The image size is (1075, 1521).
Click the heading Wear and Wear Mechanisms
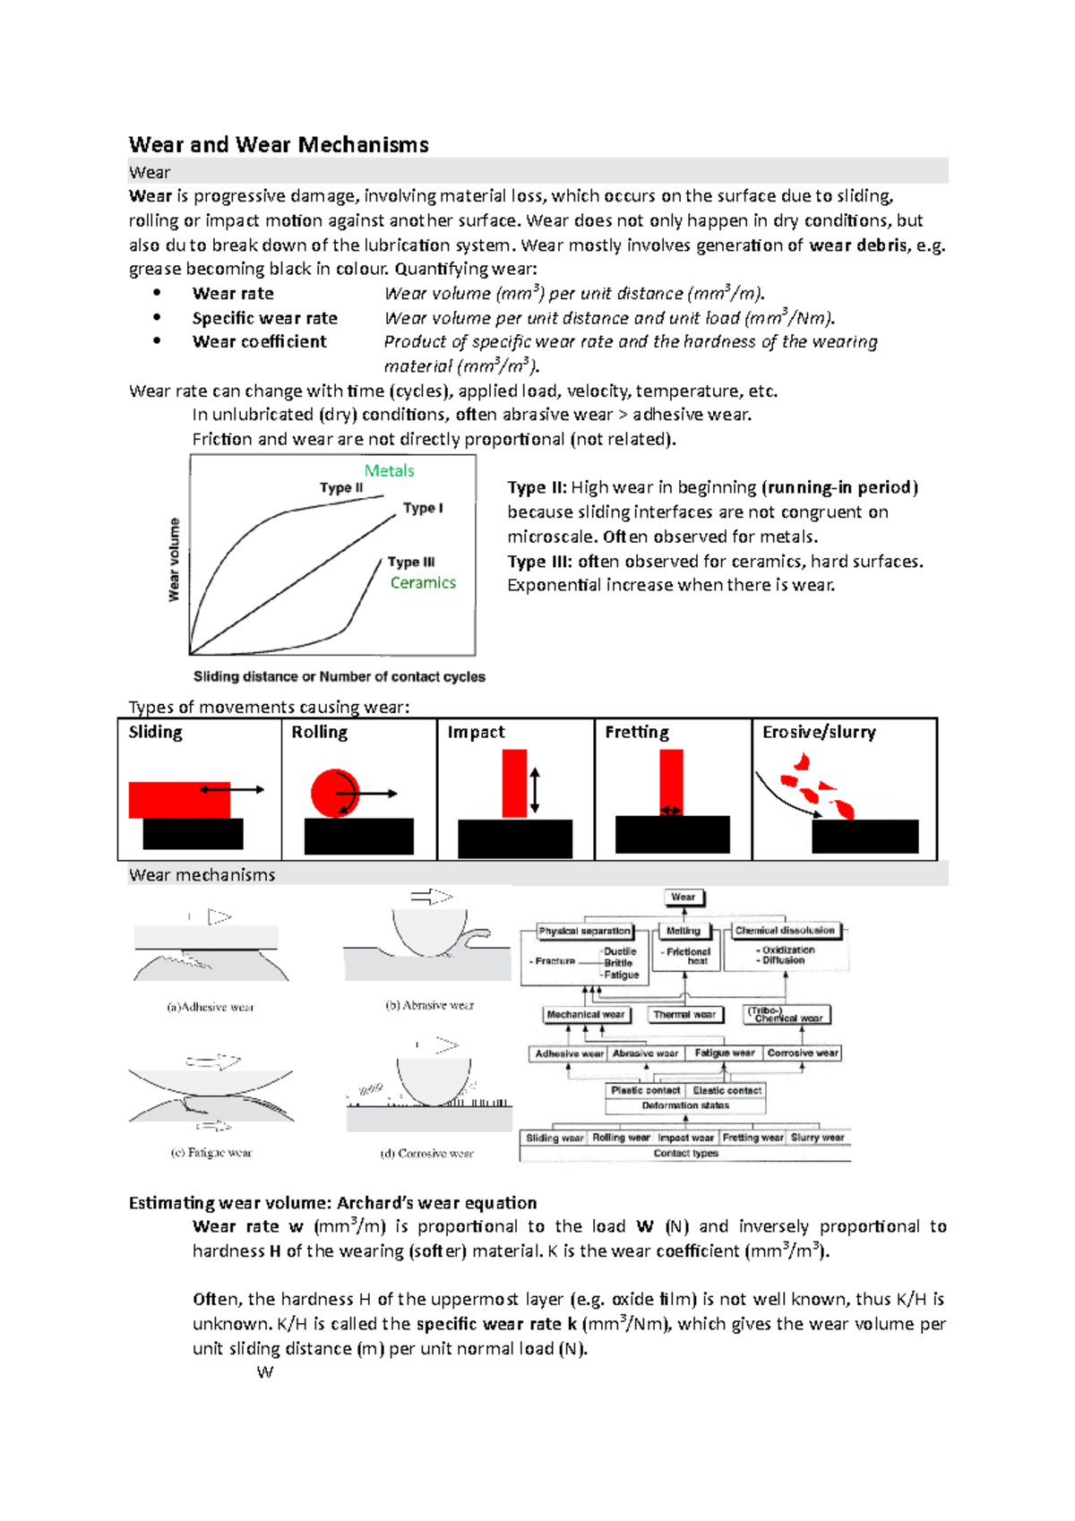pyautogui.click(x=279, y=145)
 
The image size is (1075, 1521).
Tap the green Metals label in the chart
pyautogui.click(x=389, y=470)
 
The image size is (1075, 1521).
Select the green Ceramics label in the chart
pyautogui.click(x=423, y=582)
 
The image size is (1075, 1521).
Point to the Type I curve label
pyautogui.click(x=423, y=508)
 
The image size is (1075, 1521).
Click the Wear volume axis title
pyautogui.click(x=175, y=560)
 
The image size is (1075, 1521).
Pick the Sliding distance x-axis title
pyautogui.click(x=340, y=676)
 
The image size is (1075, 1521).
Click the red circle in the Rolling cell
pyautogui.click(x=333, y=792)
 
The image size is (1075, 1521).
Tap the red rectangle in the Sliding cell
pyautogui.click(x=179, y=800)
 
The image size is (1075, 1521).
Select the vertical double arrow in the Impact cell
pyautogui.click(x=535, y=790)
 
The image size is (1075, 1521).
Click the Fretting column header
pyautogui.click(x=637, y=732)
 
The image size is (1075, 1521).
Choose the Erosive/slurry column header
pyautogui.click(x=819, y=732)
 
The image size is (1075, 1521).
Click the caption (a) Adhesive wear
pyautogui.click(x=211, y=1007)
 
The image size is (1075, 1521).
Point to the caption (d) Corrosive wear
pyautogui.click(x=426, y=1154)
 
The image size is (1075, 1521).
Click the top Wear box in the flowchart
pyautogui.click(x=684, y=897)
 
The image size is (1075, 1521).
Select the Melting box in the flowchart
pyautogui.click(x=684, y=931)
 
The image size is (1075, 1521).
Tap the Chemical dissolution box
pyautogui.click(x=785, y=931)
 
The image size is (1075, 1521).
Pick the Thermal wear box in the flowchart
pyautogui.click(x=684, y=1015)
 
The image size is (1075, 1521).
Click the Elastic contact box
pyautogui.click(x=727, y=1090)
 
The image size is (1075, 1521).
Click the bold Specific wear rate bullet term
pyautogui.click(x=264, y=318)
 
